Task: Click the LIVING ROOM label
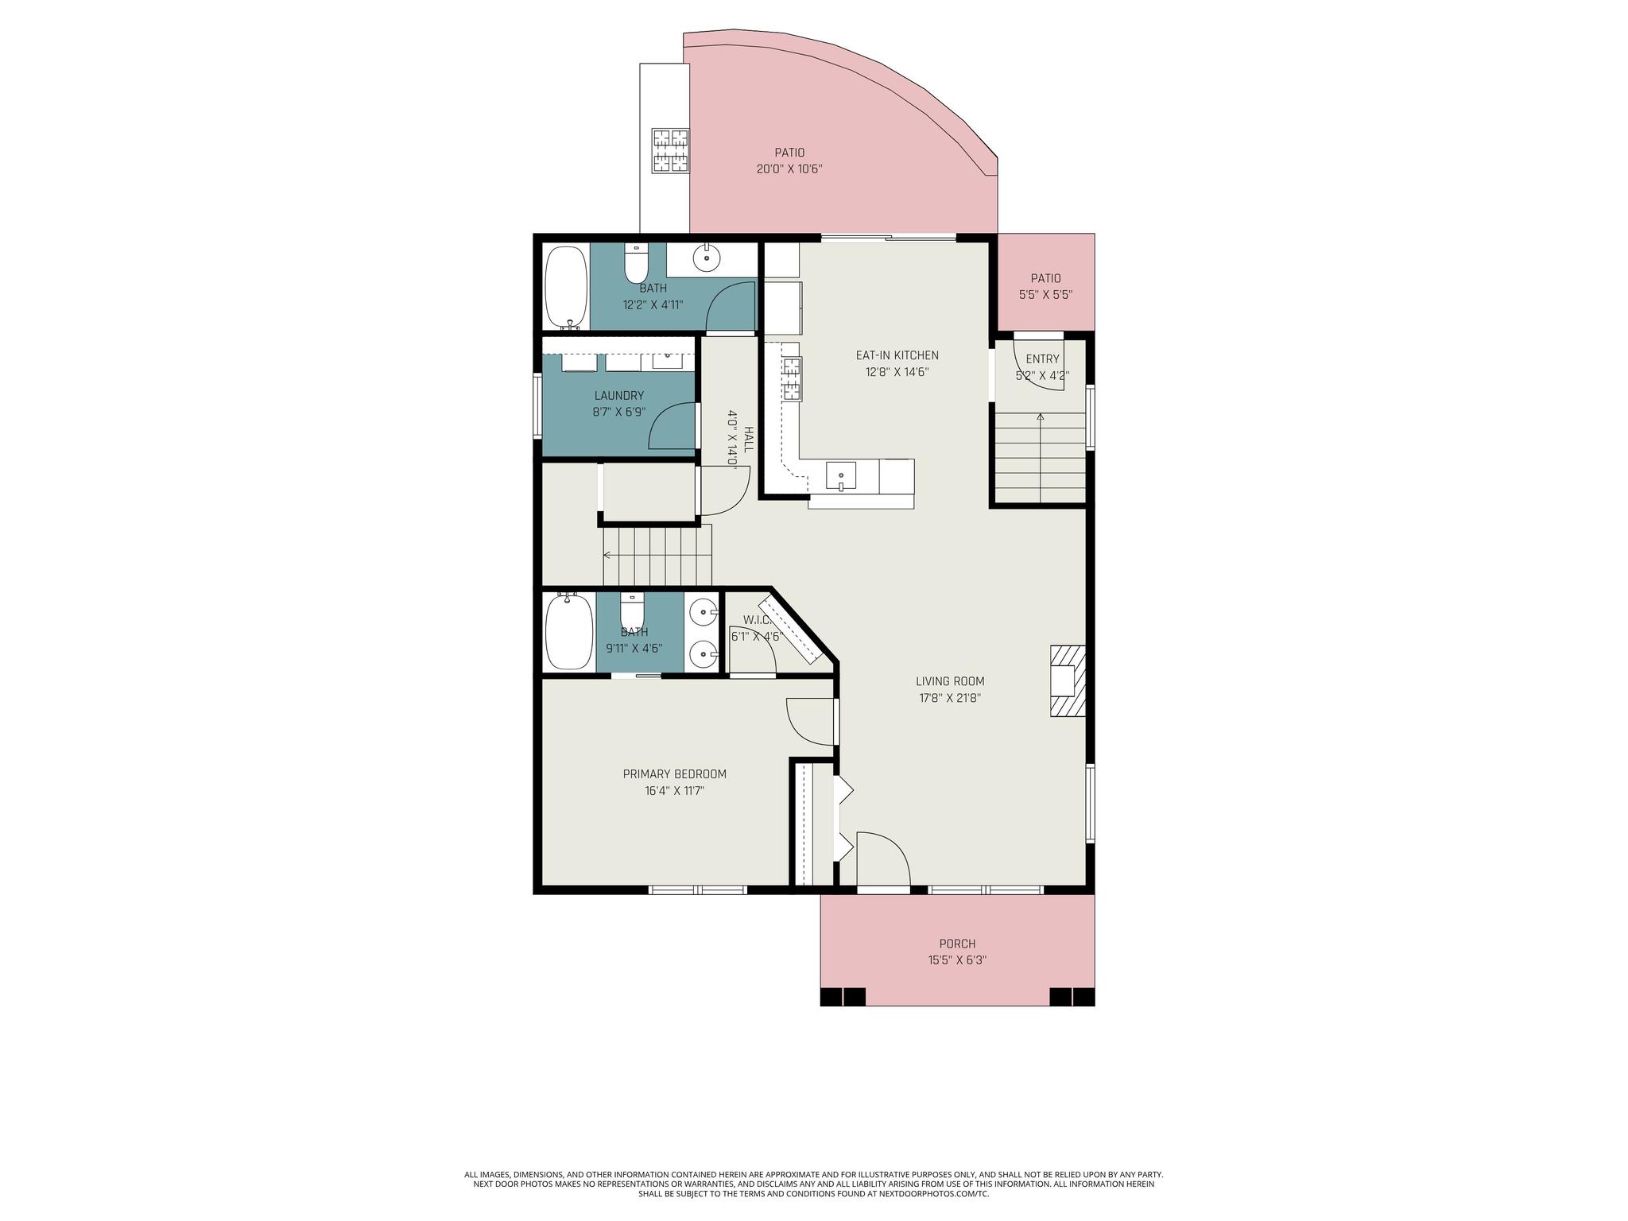coord(950,681)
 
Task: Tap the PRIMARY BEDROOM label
coord(674,774)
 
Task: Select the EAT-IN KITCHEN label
coord(897,355)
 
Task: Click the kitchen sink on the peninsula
coord(841,477)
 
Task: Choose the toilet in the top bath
coord(636,263)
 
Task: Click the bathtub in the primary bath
coord(569,633)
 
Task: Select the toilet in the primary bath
coord(632,611)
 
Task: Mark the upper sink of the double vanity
coord(703,612)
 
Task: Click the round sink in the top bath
coord(706,258)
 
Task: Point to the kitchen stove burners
coord(792,379)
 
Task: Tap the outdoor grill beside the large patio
coord(670,150)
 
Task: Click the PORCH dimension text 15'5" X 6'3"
coord(957,959)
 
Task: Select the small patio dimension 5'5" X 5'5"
coord(1046,294)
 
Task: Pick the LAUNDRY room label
coord(619,396)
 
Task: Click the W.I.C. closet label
coord(758,620)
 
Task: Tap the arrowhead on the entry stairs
coord(1041,416)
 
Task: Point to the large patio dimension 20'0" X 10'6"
coord(789,169)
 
